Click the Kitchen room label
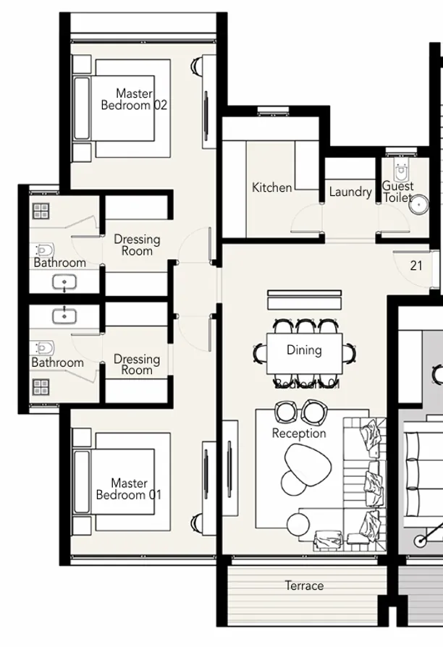tap(272, 187)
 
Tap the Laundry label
tap(350, 192)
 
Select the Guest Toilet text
tap(398, 192)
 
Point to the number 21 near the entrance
tap(416, 266)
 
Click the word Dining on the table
tap(304, 350)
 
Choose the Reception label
tap(299, 434)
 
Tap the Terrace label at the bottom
tap(304, 585)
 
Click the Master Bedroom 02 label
tap(134, 99)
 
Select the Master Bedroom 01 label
tap(129, 489)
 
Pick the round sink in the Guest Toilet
tap(418, 205)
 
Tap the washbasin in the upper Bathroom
tap(65, 282)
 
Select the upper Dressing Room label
tap(137, 245)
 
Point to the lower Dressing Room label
tap(137, 364)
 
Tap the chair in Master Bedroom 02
tap(198, 67)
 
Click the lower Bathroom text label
tap(58, 363)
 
